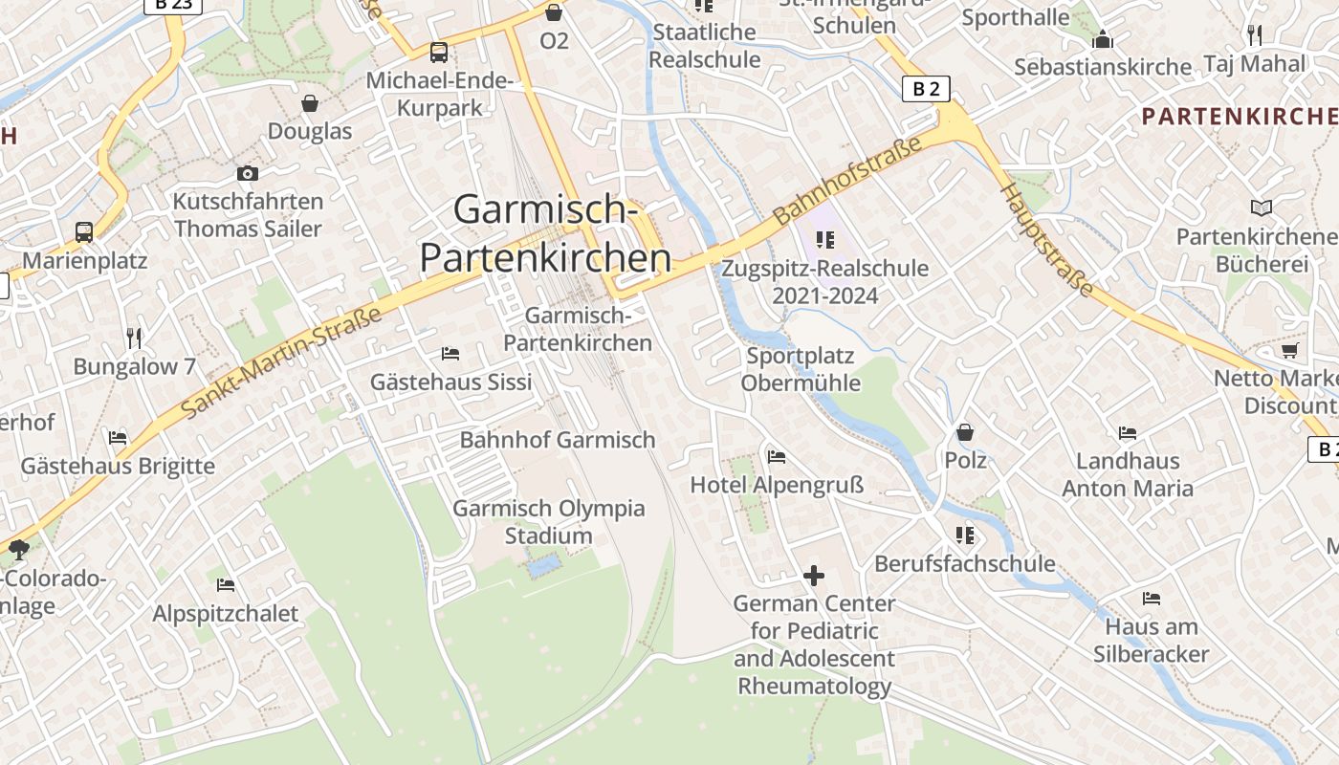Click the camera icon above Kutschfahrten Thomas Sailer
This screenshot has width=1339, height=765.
tap(248, 173)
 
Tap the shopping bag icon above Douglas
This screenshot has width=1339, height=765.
tap(310, 103)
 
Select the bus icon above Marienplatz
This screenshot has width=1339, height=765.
tap(84, 232)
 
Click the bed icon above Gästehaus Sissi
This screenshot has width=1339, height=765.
tap(450, 354)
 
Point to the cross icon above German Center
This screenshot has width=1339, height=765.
tap(814, 576)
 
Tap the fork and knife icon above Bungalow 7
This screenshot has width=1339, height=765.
tap(134, 338)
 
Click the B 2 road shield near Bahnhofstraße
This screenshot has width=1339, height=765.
tap(926, 89)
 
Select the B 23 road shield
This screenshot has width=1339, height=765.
tap(173, 5)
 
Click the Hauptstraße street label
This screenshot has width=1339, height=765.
tap(1046, 239)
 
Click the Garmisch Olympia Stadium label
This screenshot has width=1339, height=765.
tap(549, 521)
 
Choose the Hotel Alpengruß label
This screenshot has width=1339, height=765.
tap(777, 485)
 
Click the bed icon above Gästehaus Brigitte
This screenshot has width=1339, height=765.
tap(118, 438)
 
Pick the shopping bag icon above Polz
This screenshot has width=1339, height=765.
tap(965, 433)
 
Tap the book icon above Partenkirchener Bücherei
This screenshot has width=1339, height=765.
tap(1262, 208)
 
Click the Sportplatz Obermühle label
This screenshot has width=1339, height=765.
tap(801, 369)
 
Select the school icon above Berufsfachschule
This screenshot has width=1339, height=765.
tap(964, 535)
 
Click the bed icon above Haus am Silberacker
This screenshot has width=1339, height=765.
tap(1152, 600)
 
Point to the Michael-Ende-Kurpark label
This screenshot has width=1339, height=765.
tap(440, 94)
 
